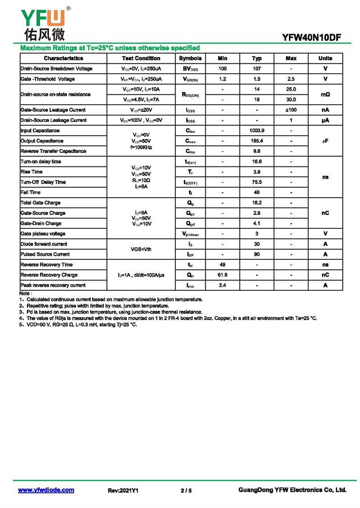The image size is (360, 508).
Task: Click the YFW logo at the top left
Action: (43, 23)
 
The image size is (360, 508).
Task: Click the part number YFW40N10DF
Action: (311, 38)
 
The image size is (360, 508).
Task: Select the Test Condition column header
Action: (141, 58)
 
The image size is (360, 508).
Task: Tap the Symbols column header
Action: (190, 58)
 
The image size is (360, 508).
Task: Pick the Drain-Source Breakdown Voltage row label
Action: (57, 69)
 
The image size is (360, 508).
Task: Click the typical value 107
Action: (256, 69)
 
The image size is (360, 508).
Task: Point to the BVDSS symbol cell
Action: (190, 69)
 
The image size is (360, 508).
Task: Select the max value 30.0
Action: (291, 99)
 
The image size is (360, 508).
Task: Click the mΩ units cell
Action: (325, 94)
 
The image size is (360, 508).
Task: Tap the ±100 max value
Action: (291, 110)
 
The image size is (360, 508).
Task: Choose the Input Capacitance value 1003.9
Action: (256, 131)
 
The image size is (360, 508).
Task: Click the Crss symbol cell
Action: (190, 152)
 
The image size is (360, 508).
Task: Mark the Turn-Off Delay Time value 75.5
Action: (256, 182)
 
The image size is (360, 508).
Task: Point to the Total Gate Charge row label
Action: (40, 203)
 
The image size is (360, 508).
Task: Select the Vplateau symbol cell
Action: (190, 234)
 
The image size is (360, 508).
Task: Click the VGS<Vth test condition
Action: (141, 249)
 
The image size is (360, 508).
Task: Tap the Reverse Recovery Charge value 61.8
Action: (222, 275)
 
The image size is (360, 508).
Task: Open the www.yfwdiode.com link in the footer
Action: (46, 490)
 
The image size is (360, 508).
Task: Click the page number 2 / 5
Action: (186, 490)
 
